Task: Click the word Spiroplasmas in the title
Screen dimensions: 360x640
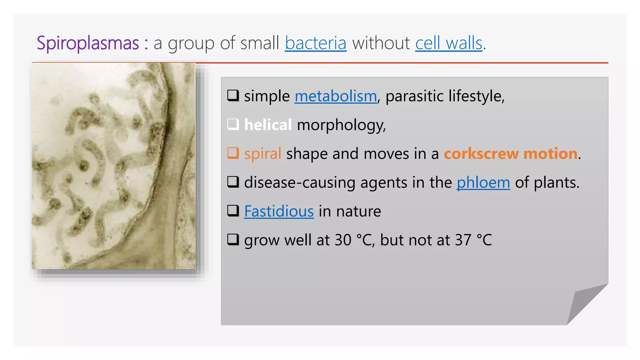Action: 88,43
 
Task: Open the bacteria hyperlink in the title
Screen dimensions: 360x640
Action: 316,43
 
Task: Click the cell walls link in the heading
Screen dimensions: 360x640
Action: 449,43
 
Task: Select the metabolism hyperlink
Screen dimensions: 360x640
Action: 336,96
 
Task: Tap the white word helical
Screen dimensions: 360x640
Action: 268,125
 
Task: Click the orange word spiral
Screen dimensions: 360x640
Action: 262,154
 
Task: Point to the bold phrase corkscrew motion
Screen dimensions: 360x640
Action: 511,154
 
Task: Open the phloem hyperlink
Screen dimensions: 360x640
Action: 483,182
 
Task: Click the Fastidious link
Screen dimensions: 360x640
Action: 279,211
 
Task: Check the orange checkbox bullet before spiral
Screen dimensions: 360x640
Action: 233,153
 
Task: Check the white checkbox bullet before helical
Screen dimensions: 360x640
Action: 233,124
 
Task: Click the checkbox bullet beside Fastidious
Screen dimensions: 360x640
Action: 233,211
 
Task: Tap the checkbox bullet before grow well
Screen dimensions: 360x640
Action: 233,240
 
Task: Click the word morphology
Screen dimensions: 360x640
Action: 341,125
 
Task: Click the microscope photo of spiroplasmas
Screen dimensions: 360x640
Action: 114,166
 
